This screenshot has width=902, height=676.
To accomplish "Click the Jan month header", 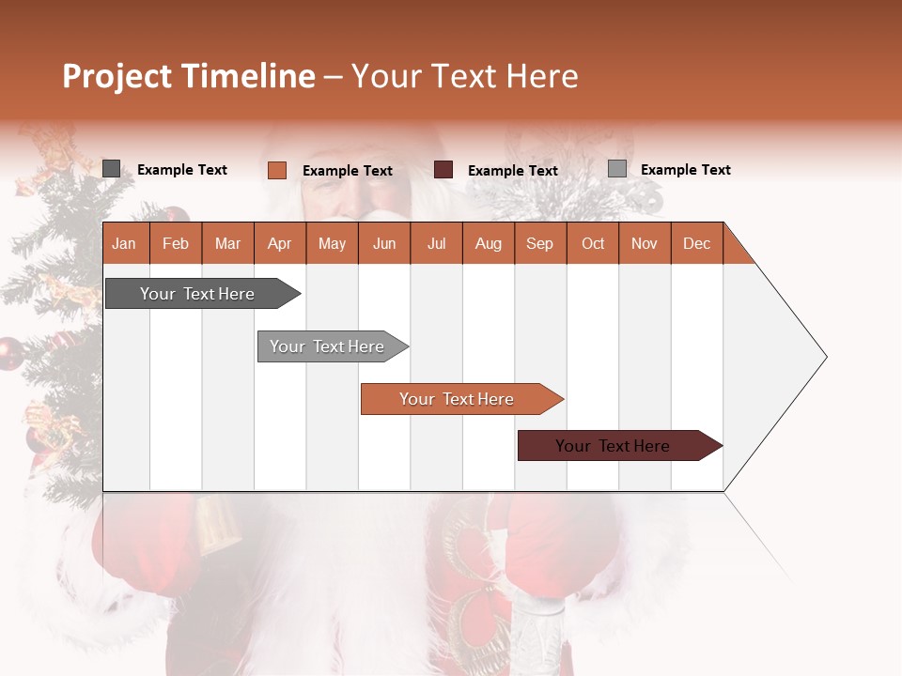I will (124, 243).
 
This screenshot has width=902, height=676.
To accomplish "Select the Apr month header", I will (280, 243).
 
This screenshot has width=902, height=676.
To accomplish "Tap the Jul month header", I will (436, 243).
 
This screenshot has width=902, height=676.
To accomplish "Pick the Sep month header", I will (539, 243).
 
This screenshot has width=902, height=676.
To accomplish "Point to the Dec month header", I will (696, 243).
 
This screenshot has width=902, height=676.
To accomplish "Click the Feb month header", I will (176, 243).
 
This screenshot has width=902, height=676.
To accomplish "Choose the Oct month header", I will (593, 243).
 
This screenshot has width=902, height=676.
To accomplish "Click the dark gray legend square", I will (111, 169).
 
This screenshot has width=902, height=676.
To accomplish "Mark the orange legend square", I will (276, 170).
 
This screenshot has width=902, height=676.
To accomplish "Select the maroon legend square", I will (443, 170).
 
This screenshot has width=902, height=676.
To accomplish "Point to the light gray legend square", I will (616, 169).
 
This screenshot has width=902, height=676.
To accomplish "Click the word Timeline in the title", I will (246, 76).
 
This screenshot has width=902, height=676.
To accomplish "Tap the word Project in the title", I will (116, 76).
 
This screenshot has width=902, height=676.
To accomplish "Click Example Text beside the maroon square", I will (512, 171).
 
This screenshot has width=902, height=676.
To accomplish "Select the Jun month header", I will (384, 243).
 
